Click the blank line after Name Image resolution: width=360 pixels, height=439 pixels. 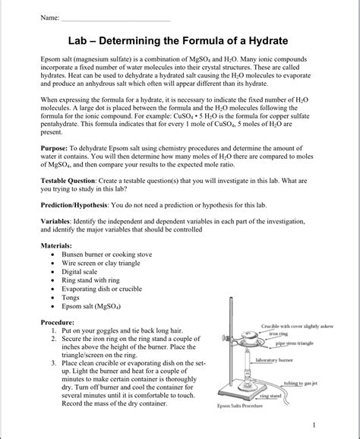click(x=115, y=17)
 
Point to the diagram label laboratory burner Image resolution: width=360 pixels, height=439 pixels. click(x=274, y=359)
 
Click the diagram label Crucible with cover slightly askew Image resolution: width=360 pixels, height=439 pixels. click(x=297, y=326)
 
